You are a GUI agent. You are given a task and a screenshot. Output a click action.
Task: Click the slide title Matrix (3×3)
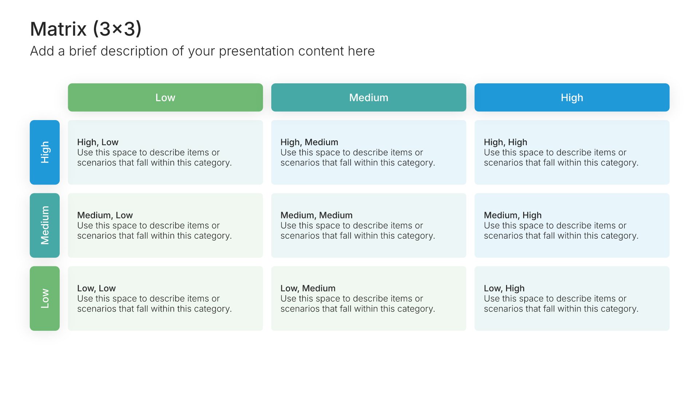pos(86,29)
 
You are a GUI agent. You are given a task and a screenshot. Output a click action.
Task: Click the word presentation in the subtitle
pos(257,51)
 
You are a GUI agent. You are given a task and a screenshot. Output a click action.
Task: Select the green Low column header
pos(165,98)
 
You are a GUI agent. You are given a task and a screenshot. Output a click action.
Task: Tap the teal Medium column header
pos(368,98)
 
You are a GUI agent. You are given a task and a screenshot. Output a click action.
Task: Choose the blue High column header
pos(572,98)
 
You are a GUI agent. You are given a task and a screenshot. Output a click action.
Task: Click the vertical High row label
pos(45,152)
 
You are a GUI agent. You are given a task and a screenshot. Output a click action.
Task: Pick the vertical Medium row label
pos(45,225)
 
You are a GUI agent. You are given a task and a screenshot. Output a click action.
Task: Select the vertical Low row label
pos(45,298)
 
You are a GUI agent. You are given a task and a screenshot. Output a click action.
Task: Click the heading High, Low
pos(98,142)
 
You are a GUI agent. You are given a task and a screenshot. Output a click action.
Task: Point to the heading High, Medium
pos(309,142)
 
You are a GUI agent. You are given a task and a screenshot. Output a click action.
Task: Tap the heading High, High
pos(505,142)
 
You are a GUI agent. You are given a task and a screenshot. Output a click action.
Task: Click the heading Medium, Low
pos(105,215)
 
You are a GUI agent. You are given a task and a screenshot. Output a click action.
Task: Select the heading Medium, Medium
pos(316,215)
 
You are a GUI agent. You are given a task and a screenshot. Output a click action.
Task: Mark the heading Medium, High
pos(513,215)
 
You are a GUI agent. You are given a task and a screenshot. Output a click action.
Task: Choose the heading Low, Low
pos(96,288)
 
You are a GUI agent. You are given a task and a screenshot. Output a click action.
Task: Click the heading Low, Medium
pos(308,288)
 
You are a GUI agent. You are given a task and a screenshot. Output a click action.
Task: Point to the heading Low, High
pos(504,288)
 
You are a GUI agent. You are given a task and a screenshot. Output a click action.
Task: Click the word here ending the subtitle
pos(361,51)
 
